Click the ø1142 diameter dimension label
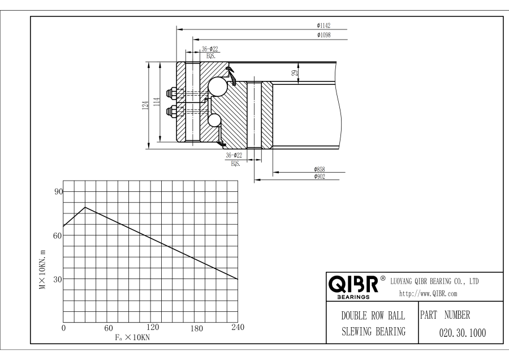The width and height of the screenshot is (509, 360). click(323, 25)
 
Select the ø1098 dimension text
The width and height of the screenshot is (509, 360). click(323, 35)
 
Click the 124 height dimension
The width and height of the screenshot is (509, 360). click(145, 104)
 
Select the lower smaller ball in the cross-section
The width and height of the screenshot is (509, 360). click(214, 120)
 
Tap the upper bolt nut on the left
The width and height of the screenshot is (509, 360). click(170, 92)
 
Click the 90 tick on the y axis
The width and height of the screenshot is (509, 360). click(57, 192)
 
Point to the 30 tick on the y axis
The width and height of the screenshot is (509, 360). click(57, 279)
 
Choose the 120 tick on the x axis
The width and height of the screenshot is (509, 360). click(152, 328)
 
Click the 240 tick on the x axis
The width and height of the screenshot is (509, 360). click(238, 328)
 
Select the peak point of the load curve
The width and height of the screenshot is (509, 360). click(85, 207)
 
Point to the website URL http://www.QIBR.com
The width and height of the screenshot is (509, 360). click(428, 293)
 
